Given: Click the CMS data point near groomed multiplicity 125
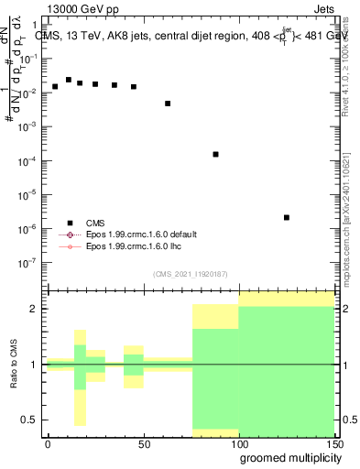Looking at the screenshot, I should click(287, 217).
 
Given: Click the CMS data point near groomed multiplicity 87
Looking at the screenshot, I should click(215, 154).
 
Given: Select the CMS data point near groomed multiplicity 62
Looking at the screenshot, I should click(168, 104).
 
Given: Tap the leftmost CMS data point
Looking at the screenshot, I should click(55, 86).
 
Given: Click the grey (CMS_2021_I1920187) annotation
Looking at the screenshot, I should click(191, 274).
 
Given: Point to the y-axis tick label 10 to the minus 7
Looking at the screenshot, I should click(33, 262).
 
